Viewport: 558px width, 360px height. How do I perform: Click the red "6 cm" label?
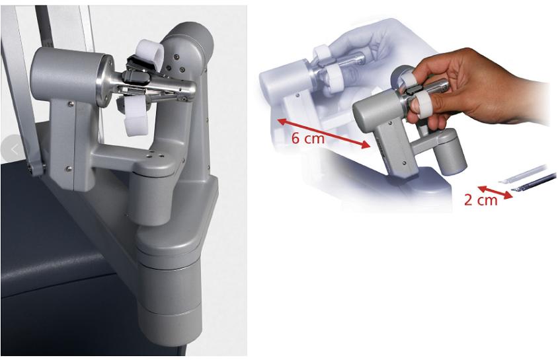(308, 138)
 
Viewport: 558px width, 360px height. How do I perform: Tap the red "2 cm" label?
(481, 200)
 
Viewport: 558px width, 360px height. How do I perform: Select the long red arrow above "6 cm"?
(323, 133)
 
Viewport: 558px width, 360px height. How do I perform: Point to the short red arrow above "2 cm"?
(495, 192)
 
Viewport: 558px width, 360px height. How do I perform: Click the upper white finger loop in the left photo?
(149, 53)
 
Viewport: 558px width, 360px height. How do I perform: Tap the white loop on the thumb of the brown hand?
(422, 106)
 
